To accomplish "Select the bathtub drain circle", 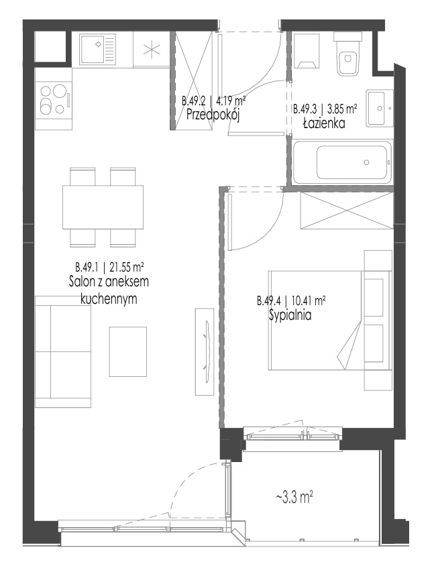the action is coord(366,162).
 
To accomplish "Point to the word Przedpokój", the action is coord(213,115).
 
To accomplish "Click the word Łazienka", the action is coord(324,123).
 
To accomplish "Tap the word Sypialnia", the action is coord(290,315).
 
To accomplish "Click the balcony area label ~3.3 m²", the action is coord(294,498).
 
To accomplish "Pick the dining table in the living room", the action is coord(103,207).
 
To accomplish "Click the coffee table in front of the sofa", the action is coord(128,351).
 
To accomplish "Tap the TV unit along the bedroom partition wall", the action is coord(205,351).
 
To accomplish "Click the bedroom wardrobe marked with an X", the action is coord(347,211).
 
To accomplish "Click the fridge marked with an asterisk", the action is coord(152,49).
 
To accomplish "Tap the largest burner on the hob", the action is coord(46,108).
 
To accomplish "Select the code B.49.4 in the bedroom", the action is coord(269,300).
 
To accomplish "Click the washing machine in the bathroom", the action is coord(307,51).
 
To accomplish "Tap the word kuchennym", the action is coord(109,299).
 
